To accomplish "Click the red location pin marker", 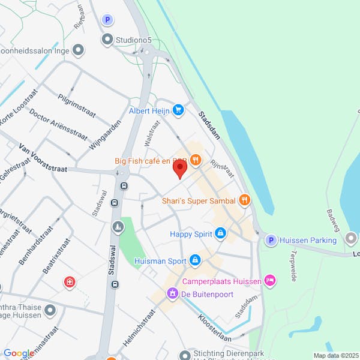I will click(179, 169).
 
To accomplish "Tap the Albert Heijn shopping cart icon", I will click(178, 110).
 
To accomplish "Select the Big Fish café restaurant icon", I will click(196, 161).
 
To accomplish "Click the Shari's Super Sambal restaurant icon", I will click(244, 200).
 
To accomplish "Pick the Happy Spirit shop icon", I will click(221, 233).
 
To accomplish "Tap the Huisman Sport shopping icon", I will click(194, 260).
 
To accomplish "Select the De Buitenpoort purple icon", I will click(173, 293).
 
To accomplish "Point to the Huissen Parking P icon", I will click(271, 240).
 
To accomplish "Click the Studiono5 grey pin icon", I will click(107, 40).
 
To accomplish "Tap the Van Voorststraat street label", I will click(42, 156).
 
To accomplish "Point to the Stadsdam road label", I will click(209, 125).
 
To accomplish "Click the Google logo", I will click(18, 353).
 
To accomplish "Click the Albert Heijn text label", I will click(150, 111).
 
